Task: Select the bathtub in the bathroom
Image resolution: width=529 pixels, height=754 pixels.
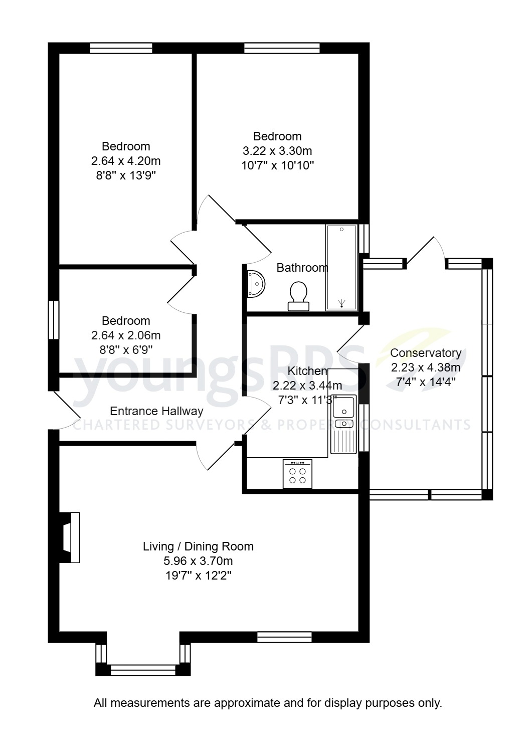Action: coord(341,267)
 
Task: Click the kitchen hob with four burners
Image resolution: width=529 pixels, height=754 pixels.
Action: coord(297,474)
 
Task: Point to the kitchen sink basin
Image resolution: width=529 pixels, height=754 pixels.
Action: coord(344,406)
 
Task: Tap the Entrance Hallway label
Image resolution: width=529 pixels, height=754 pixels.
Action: coord(156,411)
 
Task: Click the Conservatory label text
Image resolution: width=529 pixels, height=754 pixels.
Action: coord(425,353)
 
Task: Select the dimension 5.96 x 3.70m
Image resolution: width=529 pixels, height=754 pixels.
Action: coord(198,561)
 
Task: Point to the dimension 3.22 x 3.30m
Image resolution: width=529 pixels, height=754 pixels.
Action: coord(277,151)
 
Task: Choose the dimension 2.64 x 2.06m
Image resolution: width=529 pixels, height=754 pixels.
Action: coord(126,335)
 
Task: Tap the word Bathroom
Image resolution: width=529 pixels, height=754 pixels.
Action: coord(302,268)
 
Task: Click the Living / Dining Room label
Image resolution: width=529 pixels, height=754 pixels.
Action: coord(198,546)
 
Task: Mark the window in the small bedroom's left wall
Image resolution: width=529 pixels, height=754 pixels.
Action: coord(54,320)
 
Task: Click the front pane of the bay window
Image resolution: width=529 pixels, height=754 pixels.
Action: coord(143,670)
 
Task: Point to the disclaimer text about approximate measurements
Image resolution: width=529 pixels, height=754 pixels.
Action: coord(268,703)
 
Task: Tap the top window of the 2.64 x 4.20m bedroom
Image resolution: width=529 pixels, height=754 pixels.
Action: coord(121,48)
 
